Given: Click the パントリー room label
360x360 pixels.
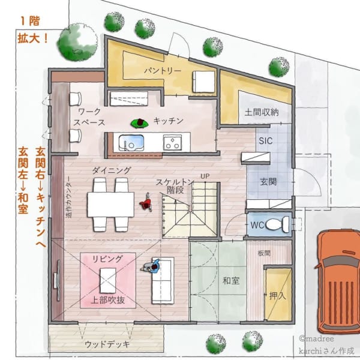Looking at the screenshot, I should tap(162, 71).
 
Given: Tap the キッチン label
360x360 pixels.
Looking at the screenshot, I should tap(168, 121).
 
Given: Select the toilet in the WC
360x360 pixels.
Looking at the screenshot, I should tap(274, 224).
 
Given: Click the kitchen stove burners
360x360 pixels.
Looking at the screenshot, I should tap(173, 142).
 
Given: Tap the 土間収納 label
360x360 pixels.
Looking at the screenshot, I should tap(261, 112).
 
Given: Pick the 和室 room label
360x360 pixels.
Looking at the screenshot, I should tap(231, 280).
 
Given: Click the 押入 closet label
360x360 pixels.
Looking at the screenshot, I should tap(278, 295).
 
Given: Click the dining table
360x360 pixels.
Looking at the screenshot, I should tap(110, 204).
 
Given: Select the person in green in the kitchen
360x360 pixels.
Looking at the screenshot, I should tap(140, 123).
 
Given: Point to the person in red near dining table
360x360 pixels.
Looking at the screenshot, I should tap(145, 204).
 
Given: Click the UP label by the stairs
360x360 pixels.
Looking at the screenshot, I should tap(205, 176).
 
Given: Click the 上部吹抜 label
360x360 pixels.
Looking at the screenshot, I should tap(108, 300).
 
